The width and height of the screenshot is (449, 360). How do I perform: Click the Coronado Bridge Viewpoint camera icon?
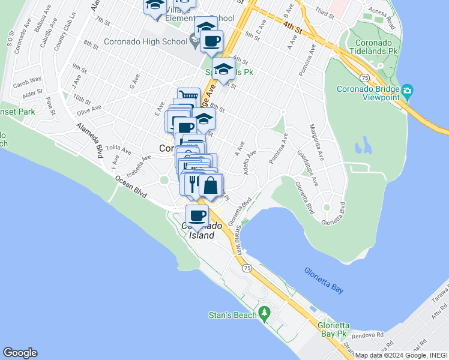pos(408,91)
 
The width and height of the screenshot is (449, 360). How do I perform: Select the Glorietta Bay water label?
pos(324,280)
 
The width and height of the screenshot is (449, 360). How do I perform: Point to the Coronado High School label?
pos(145,41)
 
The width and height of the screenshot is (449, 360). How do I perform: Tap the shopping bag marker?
pos(211,185)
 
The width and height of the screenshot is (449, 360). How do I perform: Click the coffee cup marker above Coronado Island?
pos(197,215)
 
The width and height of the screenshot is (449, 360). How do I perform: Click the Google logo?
pos(20,353)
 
